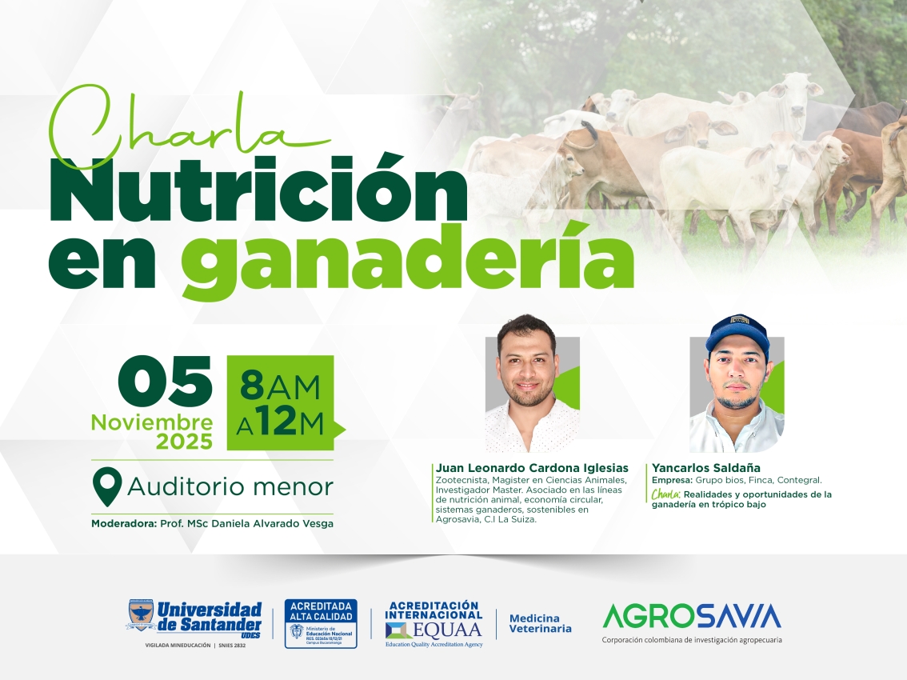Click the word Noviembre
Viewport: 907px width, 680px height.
(152, 422)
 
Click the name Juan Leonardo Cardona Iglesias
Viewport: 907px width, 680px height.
(532, 468)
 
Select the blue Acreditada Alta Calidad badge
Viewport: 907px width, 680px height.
(321, 623)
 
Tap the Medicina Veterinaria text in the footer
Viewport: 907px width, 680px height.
(541, 623)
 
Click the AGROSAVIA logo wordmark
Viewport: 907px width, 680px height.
(691, 616)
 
